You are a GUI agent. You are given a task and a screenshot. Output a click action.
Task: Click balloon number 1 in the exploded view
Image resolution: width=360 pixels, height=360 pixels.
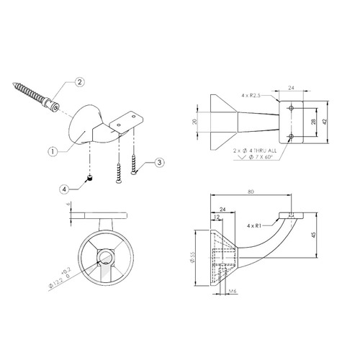(53, 152)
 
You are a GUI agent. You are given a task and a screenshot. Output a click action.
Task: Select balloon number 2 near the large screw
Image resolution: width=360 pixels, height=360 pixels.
(81, 83)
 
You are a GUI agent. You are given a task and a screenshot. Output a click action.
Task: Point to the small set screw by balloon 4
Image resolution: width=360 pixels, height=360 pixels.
(89, 178)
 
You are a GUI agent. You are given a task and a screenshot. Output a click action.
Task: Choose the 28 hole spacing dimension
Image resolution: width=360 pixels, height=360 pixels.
(311, 123)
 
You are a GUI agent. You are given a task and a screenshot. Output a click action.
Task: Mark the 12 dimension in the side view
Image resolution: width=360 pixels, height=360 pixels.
(217, 216)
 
